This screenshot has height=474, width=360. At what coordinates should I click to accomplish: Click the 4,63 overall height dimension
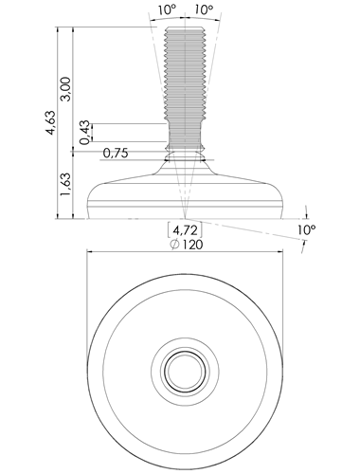coord(51,123)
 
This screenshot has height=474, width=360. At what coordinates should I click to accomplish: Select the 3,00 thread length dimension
coord(66,88)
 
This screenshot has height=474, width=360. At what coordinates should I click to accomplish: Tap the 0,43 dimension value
coord(84,133)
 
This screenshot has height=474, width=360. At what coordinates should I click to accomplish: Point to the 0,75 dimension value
coord(116,154)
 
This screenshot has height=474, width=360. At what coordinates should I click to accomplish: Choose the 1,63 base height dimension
coord(66,185)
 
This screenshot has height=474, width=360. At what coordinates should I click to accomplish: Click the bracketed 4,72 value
coord(185,230)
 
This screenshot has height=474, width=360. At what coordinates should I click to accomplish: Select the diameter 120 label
coord(187,245)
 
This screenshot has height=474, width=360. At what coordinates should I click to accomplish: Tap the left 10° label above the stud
coord(167,9)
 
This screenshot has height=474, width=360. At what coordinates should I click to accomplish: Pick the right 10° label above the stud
coord(204,9)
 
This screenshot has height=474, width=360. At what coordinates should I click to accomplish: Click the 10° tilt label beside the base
coord(306,229)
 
